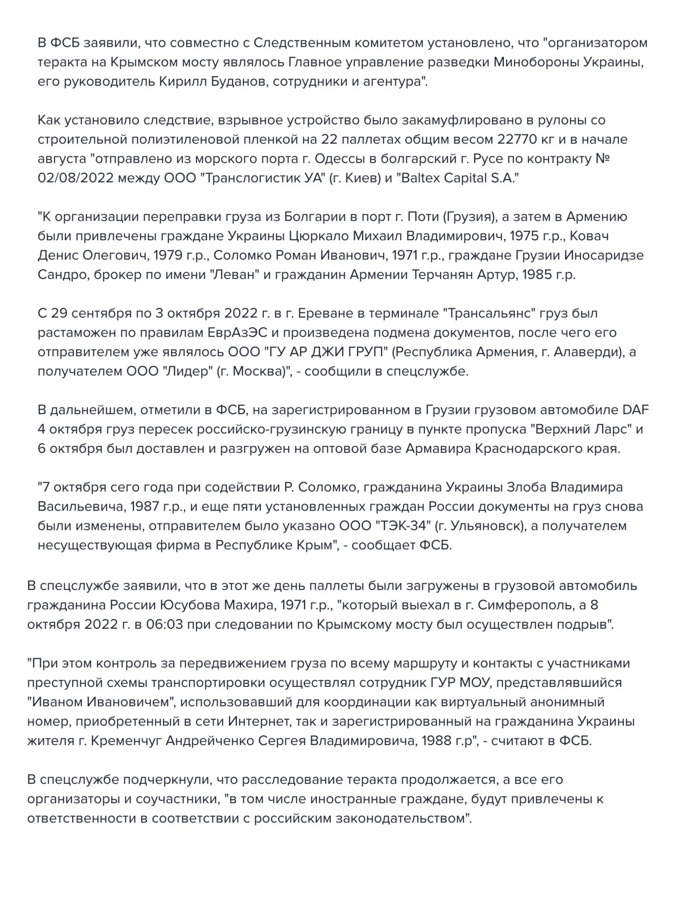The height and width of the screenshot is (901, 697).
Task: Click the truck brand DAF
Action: [636, 410]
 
